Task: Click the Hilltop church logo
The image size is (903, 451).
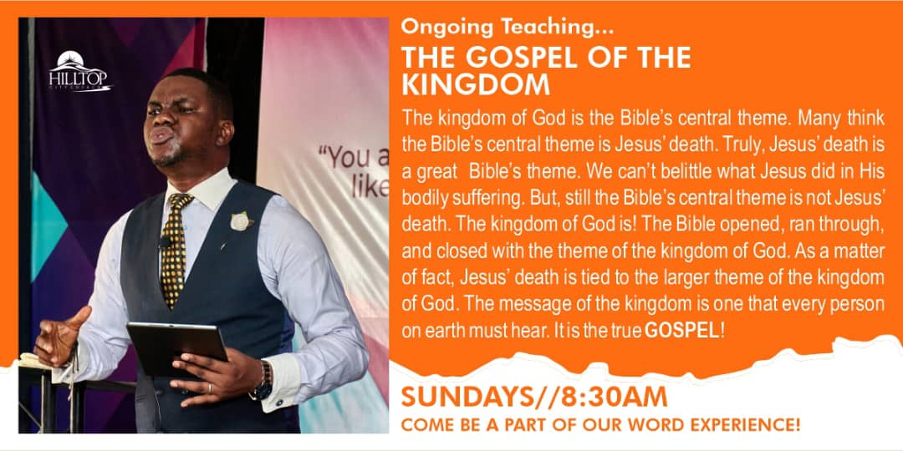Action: [80, 71]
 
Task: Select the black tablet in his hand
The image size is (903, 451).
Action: [176, 348]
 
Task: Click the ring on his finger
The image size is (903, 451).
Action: [210, 388]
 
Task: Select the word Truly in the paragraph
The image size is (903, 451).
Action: [728, 145]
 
